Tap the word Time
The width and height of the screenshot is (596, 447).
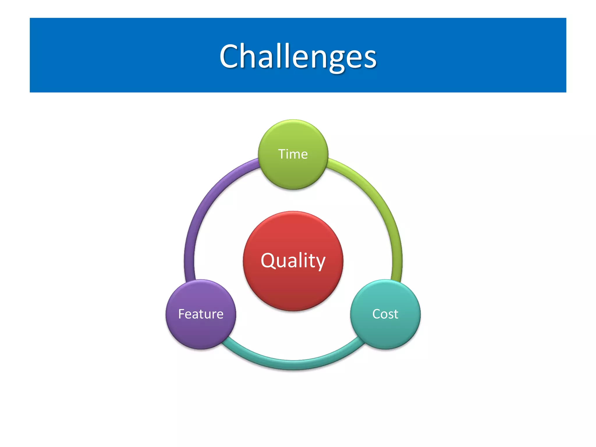(293, 154)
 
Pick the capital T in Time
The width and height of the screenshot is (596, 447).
(282, 154)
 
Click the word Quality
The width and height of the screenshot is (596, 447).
(293, 260)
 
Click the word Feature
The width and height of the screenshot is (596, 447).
(201, 314)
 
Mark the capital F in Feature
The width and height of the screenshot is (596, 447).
(182, 314)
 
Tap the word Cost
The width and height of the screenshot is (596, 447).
(385, 314)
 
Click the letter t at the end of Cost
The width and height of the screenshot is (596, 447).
(396, 314)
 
